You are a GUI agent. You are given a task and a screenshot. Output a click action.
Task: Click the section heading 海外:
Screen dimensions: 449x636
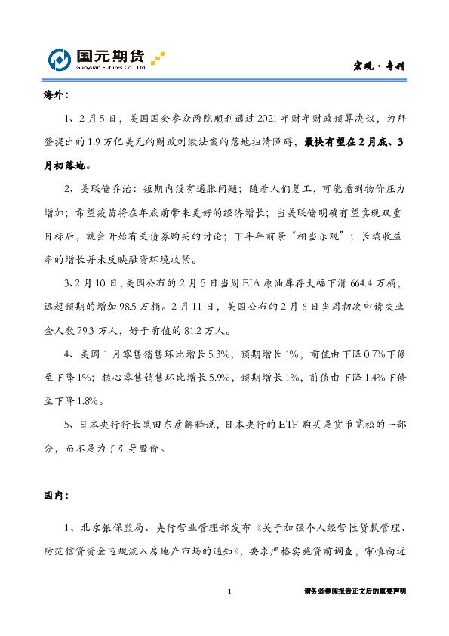(55, 97)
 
